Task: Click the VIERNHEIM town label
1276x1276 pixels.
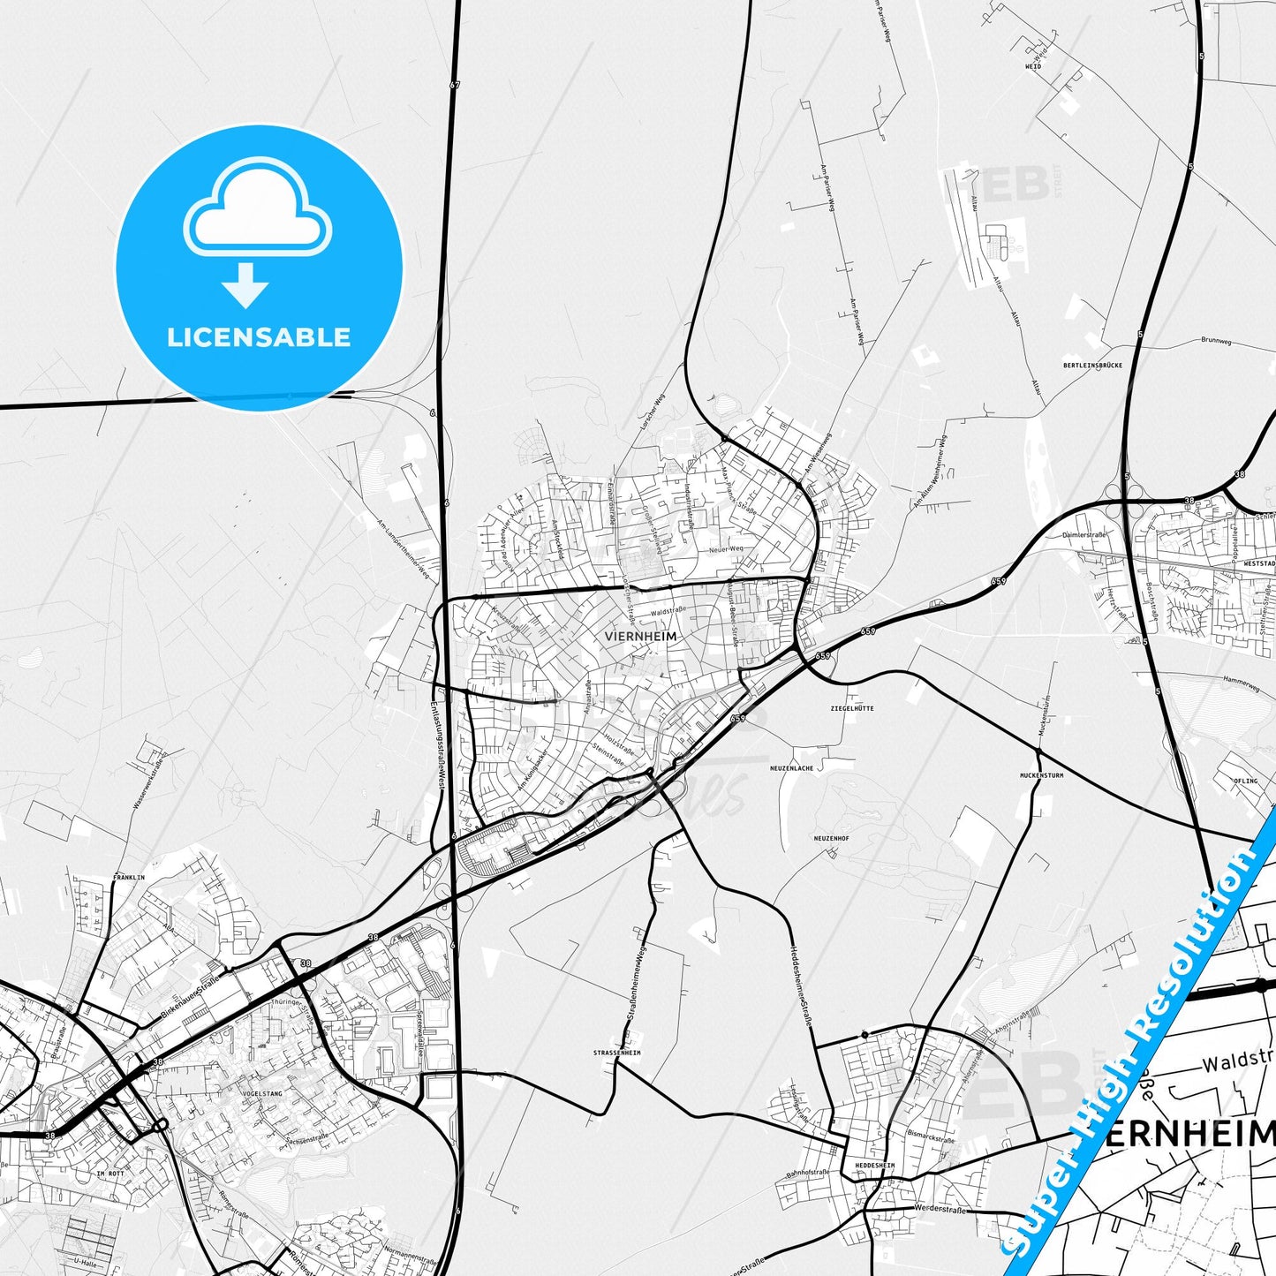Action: [642, 636]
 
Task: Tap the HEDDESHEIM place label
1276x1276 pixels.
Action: [874, 1166]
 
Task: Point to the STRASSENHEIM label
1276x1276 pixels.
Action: [617, 1053]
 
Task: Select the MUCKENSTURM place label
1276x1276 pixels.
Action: [1041, 775]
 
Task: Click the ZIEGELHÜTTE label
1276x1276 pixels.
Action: [852, 708]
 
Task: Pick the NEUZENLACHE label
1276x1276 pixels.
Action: [791, 768]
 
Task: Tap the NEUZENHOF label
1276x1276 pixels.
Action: [831, 838]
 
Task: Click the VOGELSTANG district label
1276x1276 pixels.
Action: [260, 1093]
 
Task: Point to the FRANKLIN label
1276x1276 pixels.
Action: [129, 878]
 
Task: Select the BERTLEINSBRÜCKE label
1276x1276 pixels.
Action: [1092, 365]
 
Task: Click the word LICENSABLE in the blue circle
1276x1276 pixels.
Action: [259, 336]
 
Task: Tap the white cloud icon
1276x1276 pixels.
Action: [257, 210]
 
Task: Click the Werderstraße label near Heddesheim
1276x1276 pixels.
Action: [938, 1207]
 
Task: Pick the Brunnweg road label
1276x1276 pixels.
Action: [1216, 340]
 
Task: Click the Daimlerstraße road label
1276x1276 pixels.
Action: [1084, 535]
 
